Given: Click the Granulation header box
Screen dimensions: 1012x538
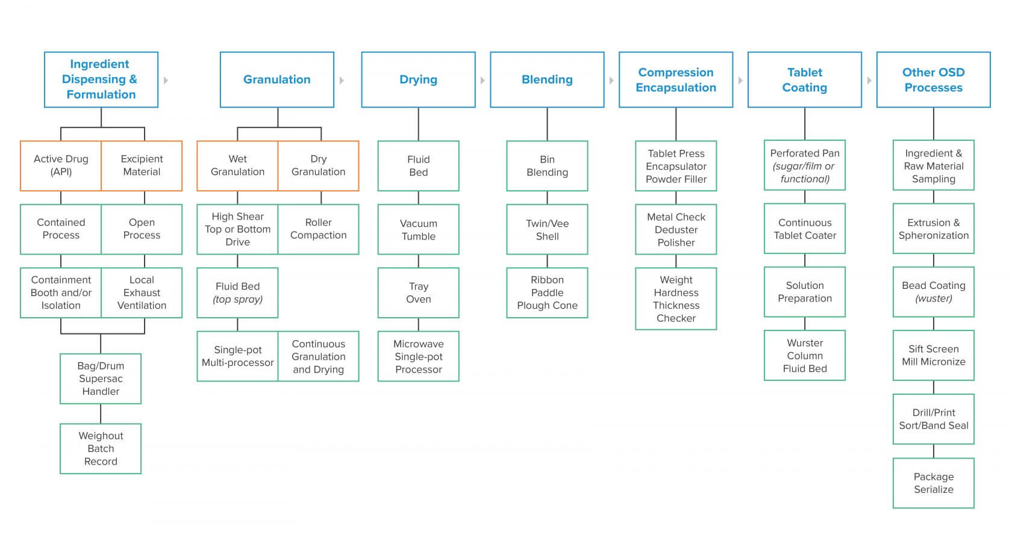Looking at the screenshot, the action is point(277,79).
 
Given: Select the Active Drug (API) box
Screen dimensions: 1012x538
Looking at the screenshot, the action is point(60,165).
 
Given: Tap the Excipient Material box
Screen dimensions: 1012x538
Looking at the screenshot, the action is point(142,165).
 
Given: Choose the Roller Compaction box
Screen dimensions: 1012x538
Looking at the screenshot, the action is point(319,229).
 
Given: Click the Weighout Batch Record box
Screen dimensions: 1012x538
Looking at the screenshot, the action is point(100,449).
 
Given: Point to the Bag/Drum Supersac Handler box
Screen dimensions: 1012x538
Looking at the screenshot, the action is point(100,379).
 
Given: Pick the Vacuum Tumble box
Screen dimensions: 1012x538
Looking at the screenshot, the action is point(418,229).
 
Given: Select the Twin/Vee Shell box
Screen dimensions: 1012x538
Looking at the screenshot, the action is point(547,229).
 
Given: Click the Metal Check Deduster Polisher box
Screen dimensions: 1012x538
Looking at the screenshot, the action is point(676,229).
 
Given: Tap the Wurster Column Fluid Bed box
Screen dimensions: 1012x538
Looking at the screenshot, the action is point(805,355).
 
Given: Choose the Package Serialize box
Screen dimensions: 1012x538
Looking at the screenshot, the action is point(934,483).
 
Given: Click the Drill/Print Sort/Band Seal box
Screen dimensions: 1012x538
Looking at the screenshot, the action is point(934,419).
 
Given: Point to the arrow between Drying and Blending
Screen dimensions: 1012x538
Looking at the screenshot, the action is point(483,81).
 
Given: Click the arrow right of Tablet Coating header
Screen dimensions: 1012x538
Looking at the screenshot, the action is point(869,81).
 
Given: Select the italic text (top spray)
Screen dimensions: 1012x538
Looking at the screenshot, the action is point(237,299).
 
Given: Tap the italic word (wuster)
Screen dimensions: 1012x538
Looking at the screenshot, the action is point(934,298).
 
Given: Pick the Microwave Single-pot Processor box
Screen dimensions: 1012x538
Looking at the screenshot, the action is point(418,356).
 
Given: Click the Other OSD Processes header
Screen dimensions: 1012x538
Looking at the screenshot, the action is point(934,79).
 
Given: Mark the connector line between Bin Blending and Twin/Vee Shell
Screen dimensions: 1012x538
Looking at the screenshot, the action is point(547,197).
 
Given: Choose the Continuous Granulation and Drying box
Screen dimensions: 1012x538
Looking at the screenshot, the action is point(319,356).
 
